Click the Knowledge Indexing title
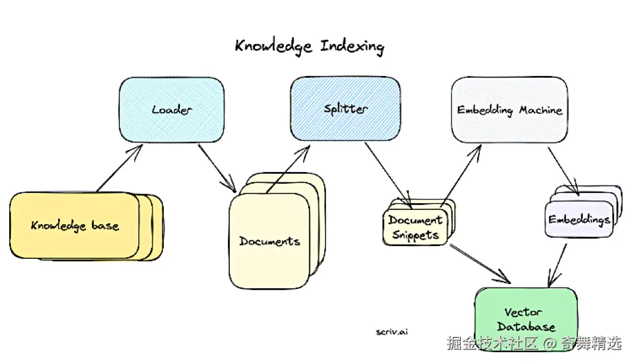(309, 47)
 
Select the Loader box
(172, 110)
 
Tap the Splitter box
(346, 108)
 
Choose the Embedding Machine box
(509, 110)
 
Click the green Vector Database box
(526, 319)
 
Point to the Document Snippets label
(415, 228)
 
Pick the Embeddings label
(579, 220)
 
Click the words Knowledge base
(75, 225)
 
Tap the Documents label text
(270, 241)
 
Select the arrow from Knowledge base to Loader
(119, 168)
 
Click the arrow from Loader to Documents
(217, 168)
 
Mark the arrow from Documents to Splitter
(288, 169)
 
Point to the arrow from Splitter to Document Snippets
(389, 175)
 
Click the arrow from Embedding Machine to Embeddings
(563, 171)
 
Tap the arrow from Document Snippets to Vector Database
(480, 264)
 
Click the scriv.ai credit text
(392, 332)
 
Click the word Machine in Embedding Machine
(540, 110)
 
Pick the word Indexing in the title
(352, 47)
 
